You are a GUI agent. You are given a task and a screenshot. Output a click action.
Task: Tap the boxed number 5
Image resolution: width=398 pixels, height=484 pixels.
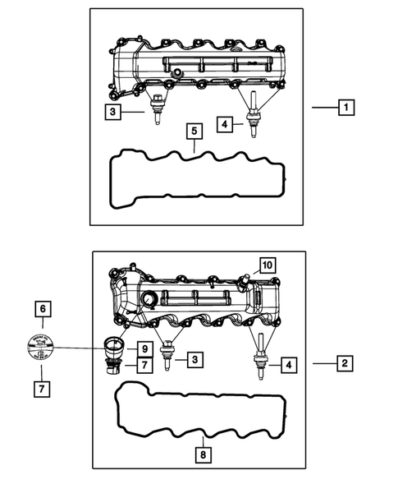pyautogui.click(x=193, y=131)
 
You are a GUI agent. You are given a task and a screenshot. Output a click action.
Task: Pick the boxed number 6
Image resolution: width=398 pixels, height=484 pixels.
pyautogui.click(x=42, y=310)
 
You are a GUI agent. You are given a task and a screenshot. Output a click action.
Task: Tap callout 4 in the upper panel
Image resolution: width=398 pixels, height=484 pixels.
pyautogui.click(x=224, y=124)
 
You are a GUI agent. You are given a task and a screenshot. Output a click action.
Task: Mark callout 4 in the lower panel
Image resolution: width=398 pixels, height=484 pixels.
pyautogui.click(x=288, y=363)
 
